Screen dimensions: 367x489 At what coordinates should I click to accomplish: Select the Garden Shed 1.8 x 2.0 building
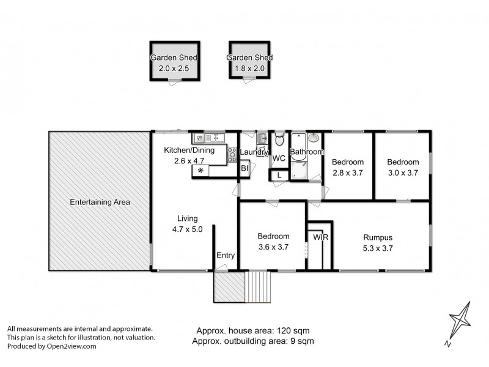tap(249, 61)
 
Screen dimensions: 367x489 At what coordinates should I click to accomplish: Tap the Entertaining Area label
tap(100, 202)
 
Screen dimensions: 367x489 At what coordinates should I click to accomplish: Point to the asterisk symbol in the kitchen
tap(200, 171)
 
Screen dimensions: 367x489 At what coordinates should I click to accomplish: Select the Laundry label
tap(252, 152)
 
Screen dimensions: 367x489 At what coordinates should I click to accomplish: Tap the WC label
tap(279, 158)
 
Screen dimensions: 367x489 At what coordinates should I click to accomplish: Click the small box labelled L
tap(279, 175)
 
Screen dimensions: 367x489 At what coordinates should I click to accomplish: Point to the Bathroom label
tap(306, 152)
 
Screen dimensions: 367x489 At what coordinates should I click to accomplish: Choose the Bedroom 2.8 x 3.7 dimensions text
tap(348, 173)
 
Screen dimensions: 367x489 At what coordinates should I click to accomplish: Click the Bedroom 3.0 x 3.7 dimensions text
tap(403, 173)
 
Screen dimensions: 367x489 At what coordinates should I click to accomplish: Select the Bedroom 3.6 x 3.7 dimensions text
tap(273, 247)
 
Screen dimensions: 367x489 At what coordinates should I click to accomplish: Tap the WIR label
tap(320, 237)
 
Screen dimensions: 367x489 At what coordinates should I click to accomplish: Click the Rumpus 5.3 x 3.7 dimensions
tap(377, 248)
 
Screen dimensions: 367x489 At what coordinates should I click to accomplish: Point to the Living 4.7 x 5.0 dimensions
tap(187, 229)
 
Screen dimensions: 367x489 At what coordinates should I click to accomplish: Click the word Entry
tap(225, 256)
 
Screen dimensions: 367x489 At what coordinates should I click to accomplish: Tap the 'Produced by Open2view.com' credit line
tap(52, 346)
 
